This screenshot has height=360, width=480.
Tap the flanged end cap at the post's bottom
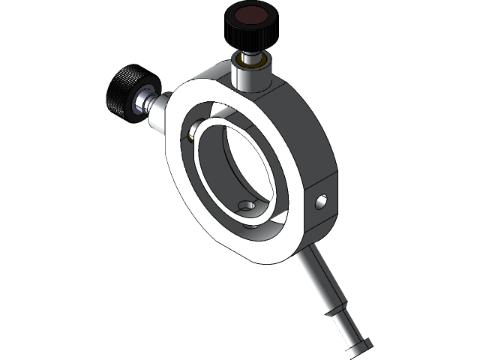coord(361,344)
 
